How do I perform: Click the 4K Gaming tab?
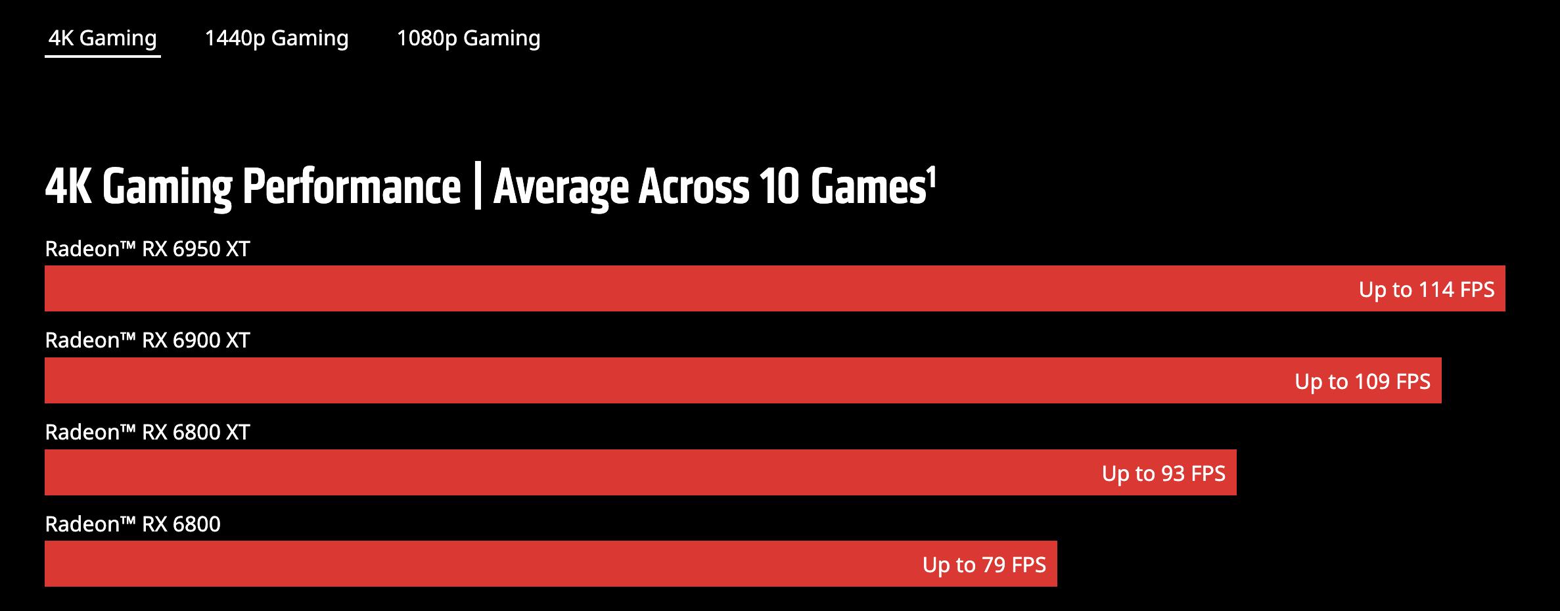click(x=103, y=38)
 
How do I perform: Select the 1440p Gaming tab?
click(x=276, y=38)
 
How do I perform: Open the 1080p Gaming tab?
click(x=469, y=38)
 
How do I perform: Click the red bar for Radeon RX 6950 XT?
click(x=657, y=288)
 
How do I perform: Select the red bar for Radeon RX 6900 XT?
click(x=657, y=380)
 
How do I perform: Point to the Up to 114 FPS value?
click(x=1427, y=290)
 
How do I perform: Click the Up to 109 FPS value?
click(x=1362, y=382)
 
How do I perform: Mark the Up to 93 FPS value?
click(x=1163, y=474)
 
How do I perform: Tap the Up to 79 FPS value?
click(x=984, y=565)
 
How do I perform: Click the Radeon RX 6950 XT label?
click(x=147, y=249)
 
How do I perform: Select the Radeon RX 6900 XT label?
click(x=147, y=340)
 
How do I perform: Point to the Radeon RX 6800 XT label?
click(x=147, y=432)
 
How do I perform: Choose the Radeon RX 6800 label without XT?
click(x=133, y=524)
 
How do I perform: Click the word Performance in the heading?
click(x=352, y=188)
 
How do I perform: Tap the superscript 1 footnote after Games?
click(x=930, y=176)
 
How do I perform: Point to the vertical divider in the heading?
click(x=477, y=188)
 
